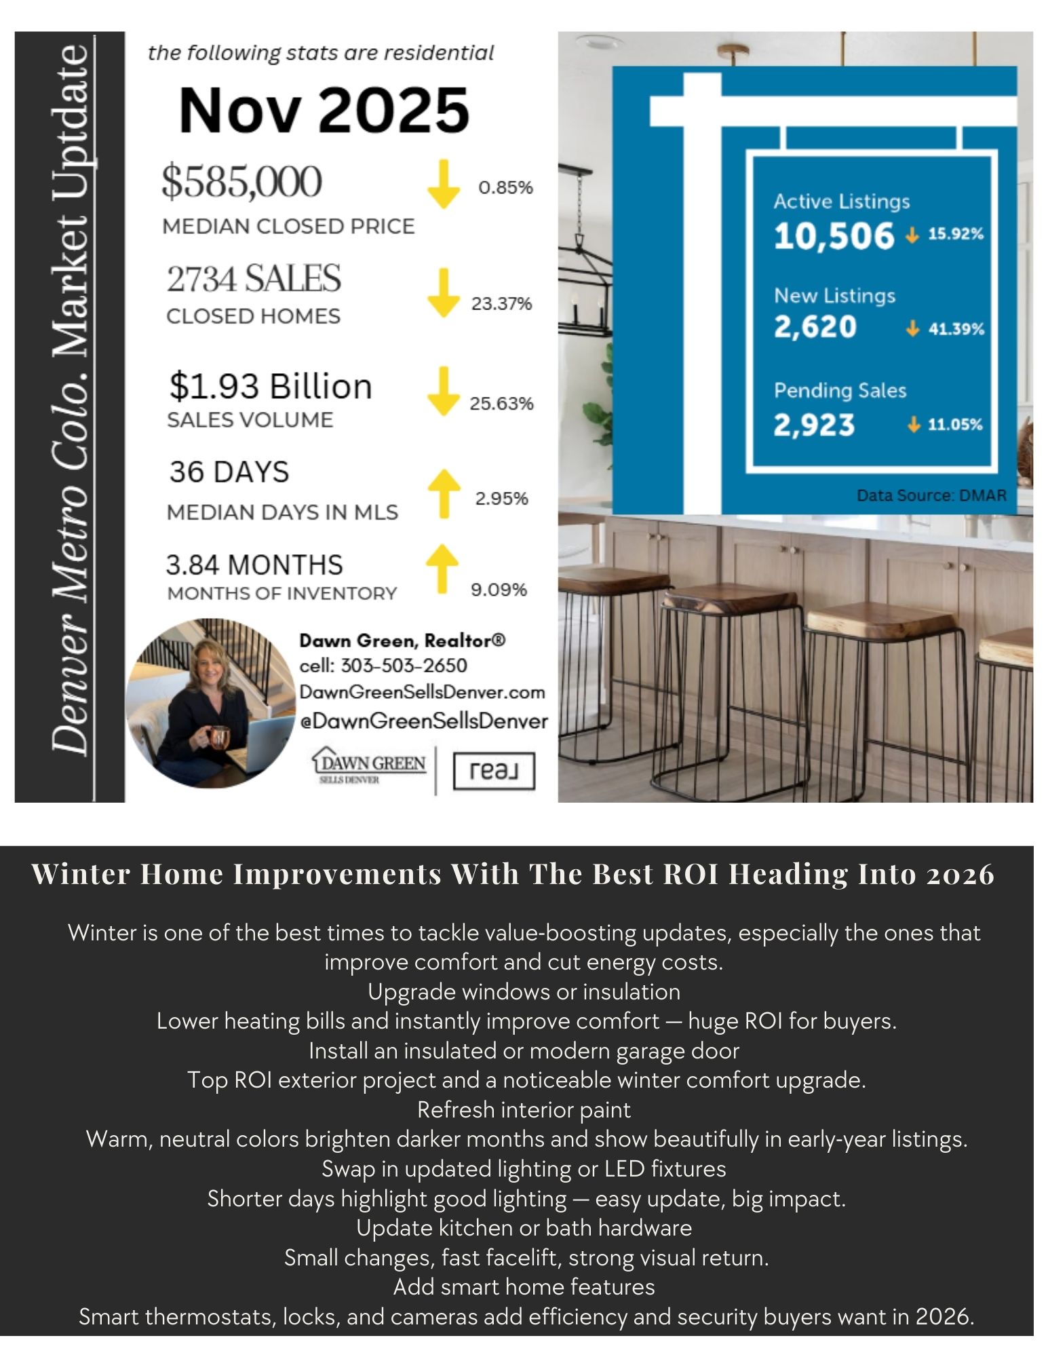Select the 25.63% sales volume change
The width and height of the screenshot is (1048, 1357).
coord(501,404)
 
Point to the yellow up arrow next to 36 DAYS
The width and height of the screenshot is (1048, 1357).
coord(444,493)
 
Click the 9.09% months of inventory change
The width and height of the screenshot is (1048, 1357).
coord(499,590)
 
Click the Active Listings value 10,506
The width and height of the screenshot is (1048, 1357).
coord(834,236)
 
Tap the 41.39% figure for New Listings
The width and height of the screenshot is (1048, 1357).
coord(956,329)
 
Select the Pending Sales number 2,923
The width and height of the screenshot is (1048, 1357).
coord(814,425)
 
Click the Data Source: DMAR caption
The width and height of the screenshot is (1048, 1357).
coord(931,495)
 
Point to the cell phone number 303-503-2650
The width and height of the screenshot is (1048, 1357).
coord(404,666)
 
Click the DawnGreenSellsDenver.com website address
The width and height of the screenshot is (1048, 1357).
coord(423,693)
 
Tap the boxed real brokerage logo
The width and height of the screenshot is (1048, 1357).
coord(493,771)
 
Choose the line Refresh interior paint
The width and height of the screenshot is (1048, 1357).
coord(524,1110)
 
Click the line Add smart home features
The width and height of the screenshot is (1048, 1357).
coord(524,1287)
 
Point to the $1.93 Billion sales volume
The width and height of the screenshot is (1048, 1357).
coord(271,386)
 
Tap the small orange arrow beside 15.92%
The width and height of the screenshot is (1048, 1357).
coord(912,235)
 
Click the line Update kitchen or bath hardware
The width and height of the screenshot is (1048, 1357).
coord(524,1228)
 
